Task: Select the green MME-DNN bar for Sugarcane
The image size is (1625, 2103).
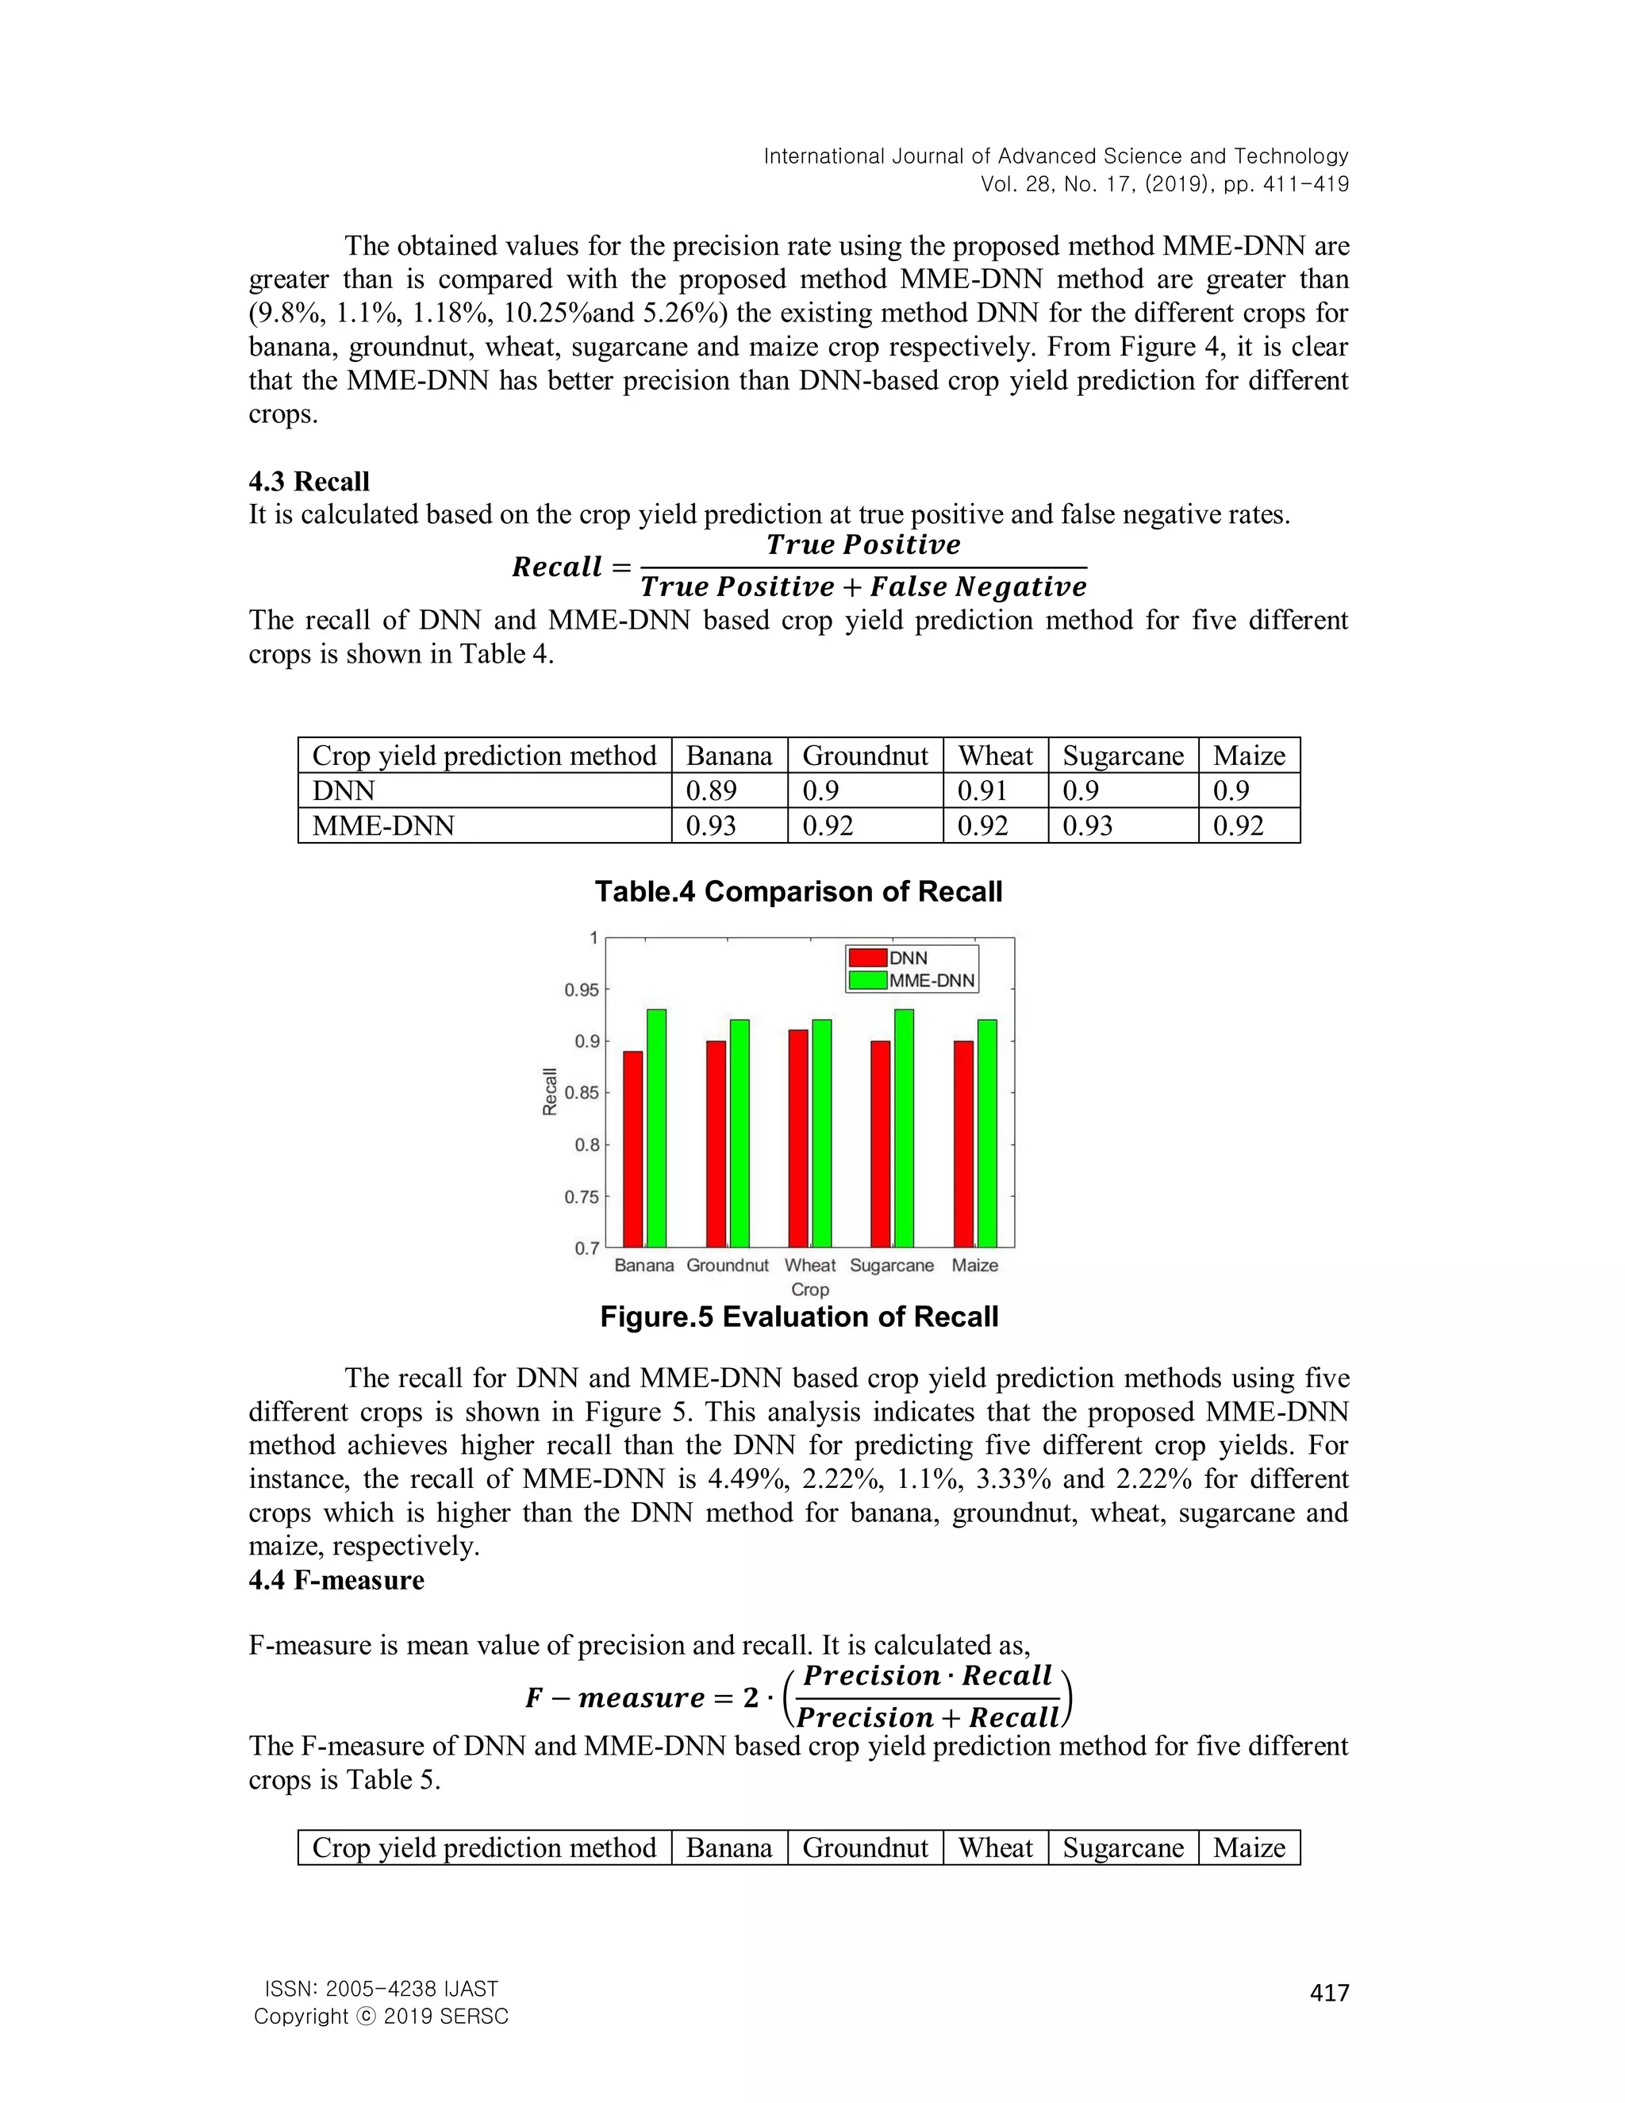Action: (904, 1128)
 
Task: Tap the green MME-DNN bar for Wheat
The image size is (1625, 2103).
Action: (822, 1133)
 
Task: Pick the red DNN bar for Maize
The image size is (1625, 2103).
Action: (962, 1144)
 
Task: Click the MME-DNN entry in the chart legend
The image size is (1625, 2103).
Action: (931, 980)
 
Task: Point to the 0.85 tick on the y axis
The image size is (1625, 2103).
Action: (582, 1093)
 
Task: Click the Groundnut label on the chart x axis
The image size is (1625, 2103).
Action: (727, 1265)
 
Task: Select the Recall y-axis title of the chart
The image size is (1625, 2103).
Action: (550, 1092)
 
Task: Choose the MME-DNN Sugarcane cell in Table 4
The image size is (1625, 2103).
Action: (1087, 825)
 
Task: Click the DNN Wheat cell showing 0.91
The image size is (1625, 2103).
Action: (982, 790)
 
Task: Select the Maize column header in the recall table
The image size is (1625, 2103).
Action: (1249, 755)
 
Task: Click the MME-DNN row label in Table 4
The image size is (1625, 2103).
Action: (383, 825)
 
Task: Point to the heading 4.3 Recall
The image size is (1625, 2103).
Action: (309, 482)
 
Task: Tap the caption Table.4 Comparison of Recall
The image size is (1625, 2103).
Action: (798, 892)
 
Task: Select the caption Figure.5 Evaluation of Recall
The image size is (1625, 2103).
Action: (798, 1317)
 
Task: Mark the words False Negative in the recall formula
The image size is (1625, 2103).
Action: (978, 586)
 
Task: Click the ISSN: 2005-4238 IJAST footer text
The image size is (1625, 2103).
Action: (381, 1989)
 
